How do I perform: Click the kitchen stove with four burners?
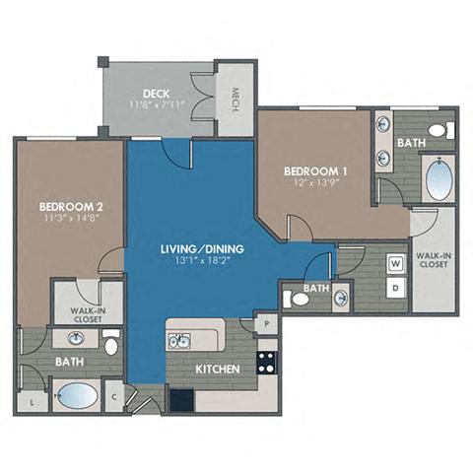point(267,362)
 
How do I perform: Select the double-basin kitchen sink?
point(179,342)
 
